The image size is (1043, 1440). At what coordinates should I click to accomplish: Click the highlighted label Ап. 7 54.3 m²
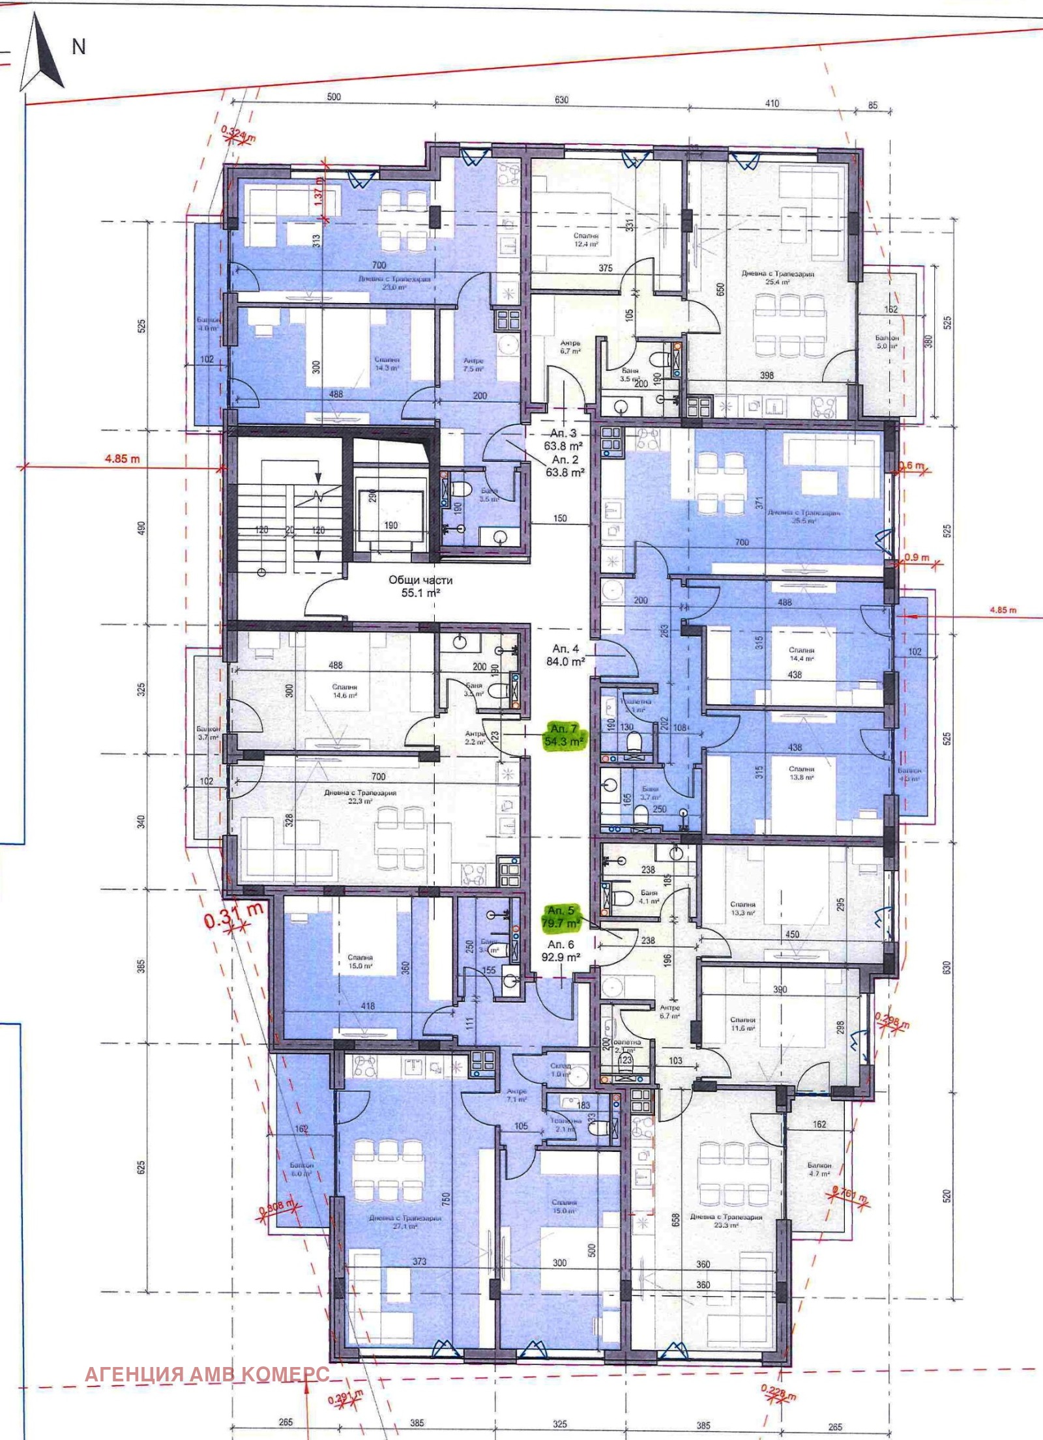tap(565, 734)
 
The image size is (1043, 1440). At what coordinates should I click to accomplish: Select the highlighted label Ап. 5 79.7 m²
tap(563, 917)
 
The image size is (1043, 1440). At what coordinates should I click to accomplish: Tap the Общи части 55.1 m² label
tap(420, 586)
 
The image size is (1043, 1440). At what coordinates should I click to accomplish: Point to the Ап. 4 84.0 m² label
tap(565, 654)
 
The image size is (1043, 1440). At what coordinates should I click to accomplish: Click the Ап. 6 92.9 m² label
tap(561, 951)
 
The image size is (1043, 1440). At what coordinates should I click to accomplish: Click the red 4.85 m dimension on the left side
tap(122, 459)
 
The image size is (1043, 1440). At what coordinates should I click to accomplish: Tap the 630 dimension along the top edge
tap(561, 100)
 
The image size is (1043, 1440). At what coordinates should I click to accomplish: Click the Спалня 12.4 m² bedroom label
tap(586, 240)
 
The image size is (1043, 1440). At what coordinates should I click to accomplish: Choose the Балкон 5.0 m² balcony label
tap(887, 342)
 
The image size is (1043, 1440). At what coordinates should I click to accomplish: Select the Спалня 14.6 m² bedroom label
tap(344, 691)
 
